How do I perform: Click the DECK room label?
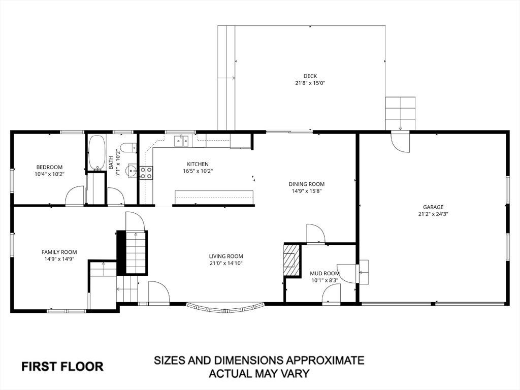[310, 76]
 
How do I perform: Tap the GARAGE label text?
[433, 207]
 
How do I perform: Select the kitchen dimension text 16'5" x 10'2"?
[198, 171]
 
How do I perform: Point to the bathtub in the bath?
[97, 152]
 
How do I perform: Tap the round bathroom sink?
[132, 171]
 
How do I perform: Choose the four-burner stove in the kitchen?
[146, 173]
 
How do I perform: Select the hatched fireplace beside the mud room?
[291, 261]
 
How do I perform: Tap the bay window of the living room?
[226, 308]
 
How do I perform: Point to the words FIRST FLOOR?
[62, 367]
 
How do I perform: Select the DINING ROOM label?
[306, 184]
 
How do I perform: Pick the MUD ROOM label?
[324, 273]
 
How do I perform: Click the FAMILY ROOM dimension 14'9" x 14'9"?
[59, 259]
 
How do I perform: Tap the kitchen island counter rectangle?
[214, 198]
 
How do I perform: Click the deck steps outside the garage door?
[400, 113]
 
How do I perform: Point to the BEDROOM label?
[49, 167]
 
